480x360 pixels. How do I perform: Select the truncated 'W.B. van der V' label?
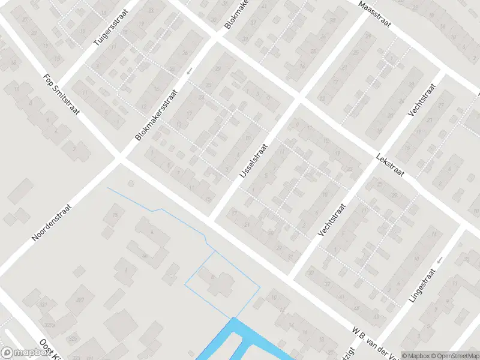375,340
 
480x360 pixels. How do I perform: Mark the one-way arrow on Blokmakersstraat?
189,71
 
